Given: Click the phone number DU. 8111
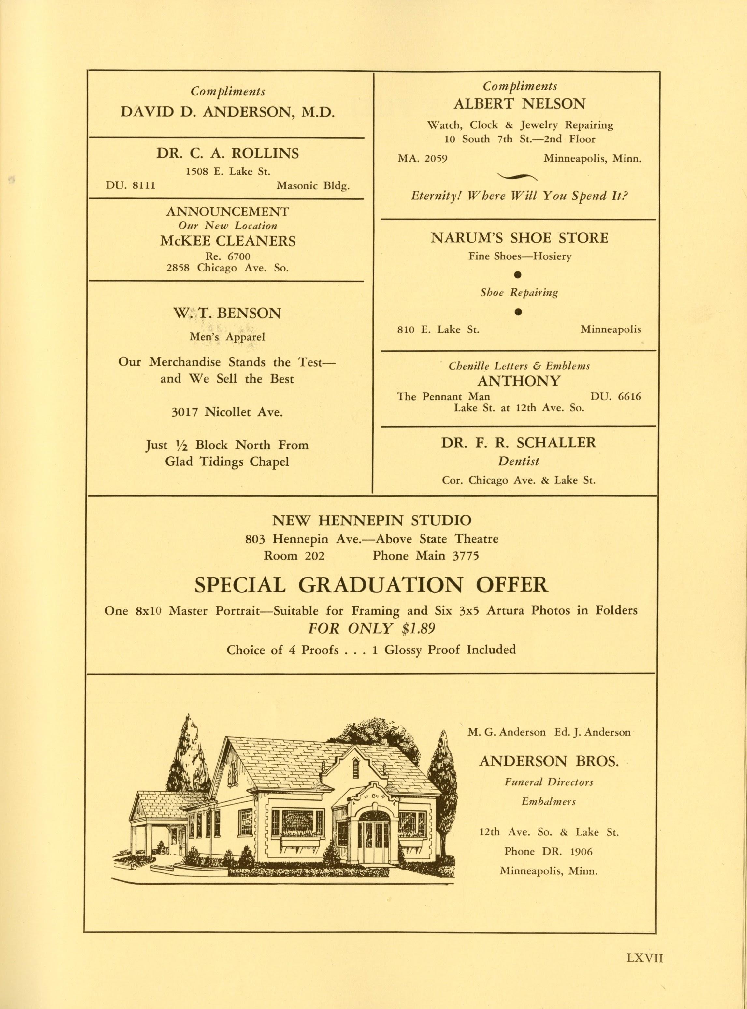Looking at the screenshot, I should point(131,186).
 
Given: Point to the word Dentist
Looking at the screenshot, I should point(519,461).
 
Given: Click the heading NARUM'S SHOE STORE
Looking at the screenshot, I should point(519,238).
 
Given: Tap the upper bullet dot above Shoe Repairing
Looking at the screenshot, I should point(519,274).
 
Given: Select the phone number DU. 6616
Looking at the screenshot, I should point(615,397).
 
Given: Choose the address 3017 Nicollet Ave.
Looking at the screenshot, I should point(227,412).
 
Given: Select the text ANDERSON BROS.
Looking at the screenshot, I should point(549,762).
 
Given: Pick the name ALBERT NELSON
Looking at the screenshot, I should point(519,104).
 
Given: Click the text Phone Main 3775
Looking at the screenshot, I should point(425,556).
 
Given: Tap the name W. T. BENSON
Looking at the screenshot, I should point(227,314).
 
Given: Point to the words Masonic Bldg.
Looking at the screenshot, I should point(313,186).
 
